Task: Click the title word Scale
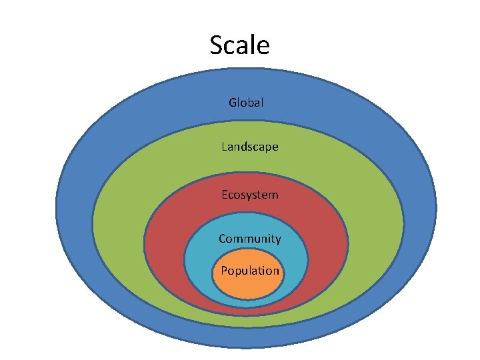point(239,45)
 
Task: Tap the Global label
point(246,103)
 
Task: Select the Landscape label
point(250,146)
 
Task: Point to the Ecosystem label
point(250,195)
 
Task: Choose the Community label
point(250,239)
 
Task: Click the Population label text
point(250,271)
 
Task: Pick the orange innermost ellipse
point(248,287)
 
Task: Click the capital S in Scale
point(217,45)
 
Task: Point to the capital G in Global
point(233,103)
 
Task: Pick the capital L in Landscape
point(225,146)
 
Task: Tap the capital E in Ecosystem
point(225,195)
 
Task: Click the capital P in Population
point(223,271)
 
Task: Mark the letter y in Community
point(278,240)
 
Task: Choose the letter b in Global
point(251,103)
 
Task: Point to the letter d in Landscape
point(248,146)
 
